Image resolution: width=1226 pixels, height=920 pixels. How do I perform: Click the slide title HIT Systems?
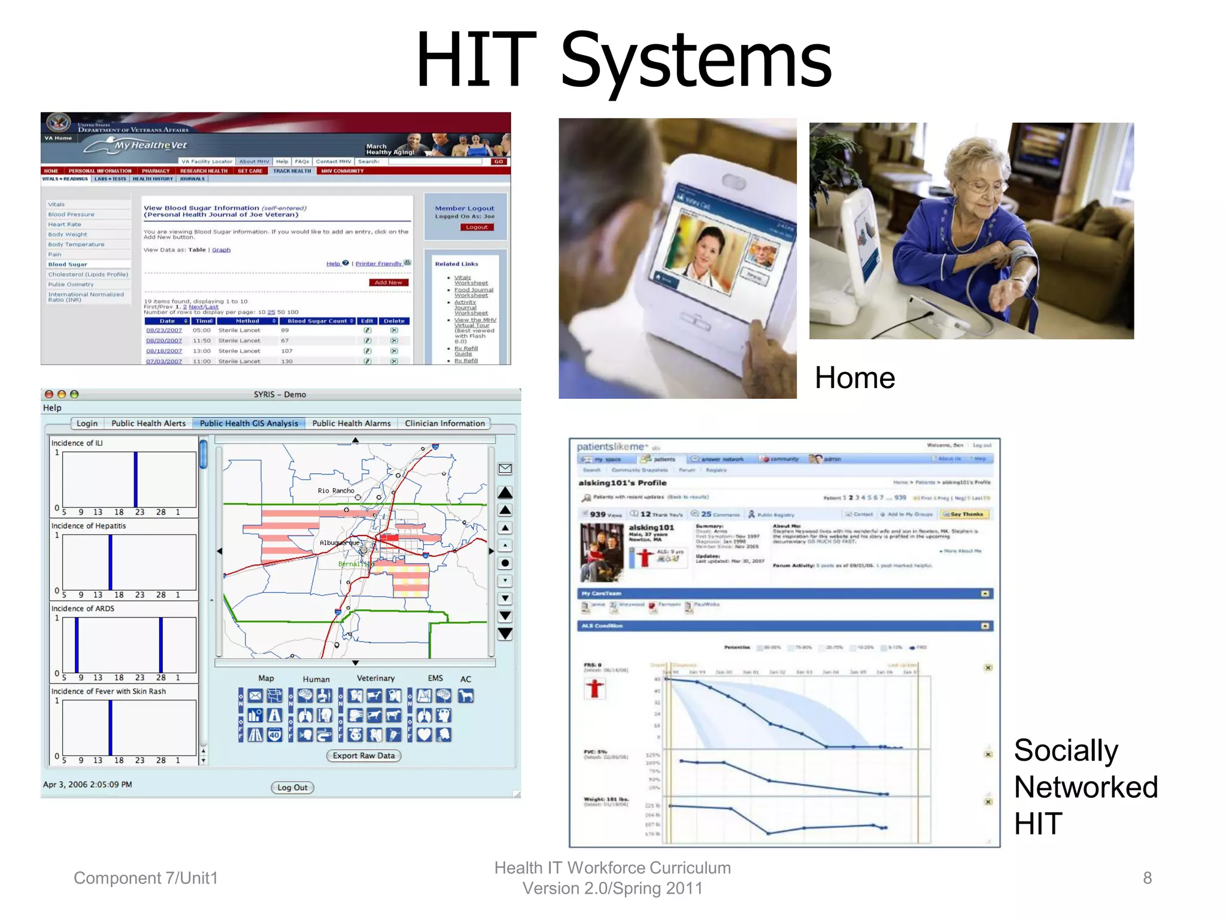[623, 60]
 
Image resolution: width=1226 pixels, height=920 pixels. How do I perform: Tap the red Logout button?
[477, 227]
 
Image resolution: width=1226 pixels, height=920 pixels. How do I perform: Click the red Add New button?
[388, 282]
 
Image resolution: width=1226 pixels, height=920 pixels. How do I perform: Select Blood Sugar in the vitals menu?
[68, 264]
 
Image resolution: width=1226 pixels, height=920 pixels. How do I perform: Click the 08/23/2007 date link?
[164, 330]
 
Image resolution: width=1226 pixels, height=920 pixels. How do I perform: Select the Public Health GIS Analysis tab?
[248, 423]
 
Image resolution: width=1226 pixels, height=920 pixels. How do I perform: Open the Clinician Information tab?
[444, 423]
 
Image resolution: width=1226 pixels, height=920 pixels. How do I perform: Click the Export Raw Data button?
[363, 756]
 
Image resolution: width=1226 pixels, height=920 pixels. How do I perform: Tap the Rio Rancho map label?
[336, 491]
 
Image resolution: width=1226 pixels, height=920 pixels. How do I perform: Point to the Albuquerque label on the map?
[339, 543]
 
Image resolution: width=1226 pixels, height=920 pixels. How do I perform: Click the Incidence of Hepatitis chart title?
[89, 526]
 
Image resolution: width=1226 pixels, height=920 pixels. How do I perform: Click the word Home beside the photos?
[854, 378]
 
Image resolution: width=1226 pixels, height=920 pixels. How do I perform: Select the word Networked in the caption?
[1086, 787]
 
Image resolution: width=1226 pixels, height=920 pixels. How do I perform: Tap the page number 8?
[1147, 878]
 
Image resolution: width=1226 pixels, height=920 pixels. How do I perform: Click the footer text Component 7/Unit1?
[145, 878]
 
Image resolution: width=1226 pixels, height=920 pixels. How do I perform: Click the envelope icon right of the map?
[505, 468]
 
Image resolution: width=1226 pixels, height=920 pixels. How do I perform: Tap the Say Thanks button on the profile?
[965, 514]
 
